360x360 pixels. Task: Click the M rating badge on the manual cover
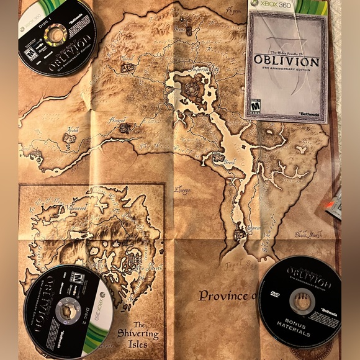tap(254, 105)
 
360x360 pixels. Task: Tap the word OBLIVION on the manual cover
tap(286, 63)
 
